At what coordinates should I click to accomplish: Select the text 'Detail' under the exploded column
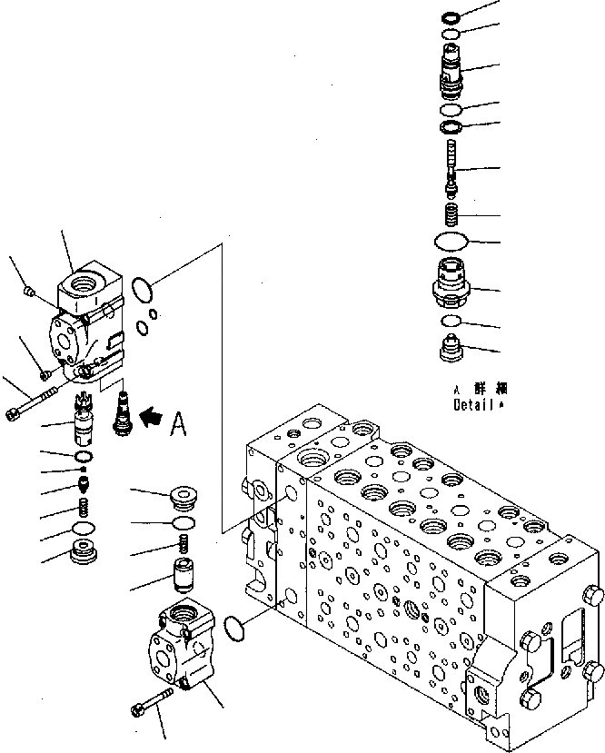tap(473, 406)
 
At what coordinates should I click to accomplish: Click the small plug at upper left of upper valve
tap(28, 291)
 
